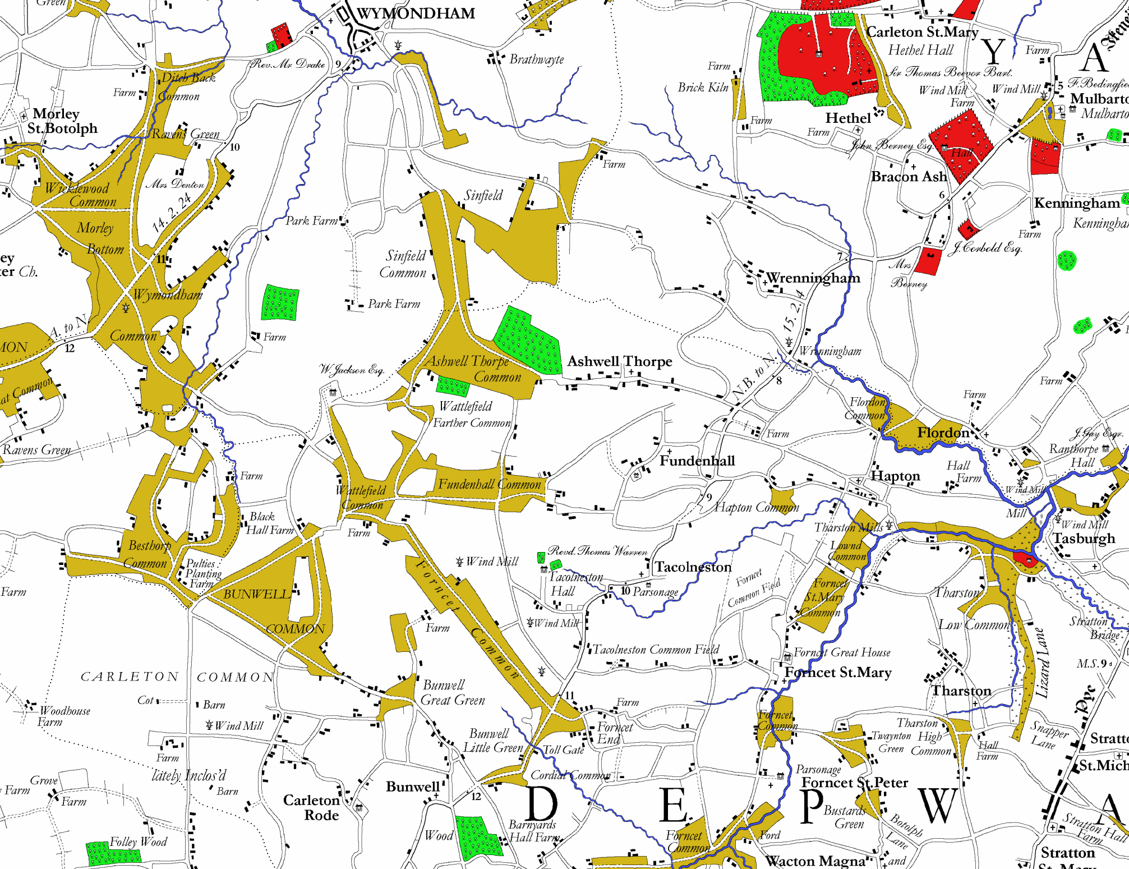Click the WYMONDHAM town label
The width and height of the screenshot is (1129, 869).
[416, 13]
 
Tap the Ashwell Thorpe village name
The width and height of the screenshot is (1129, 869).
[619, 361]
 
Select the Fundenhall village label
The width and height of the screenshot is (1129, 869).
[697, 461]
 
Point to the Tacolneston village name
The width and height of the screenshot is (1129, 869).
[693, 567]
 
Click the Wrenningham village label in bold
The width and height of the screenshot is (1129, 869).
[813, 278]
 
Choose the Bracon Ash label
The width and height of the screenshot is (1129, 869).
[909, 177]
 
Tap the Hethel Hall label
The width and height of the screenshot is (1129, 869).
[920, 50]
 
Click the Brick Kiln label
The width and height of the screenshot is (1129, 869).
[703, 88]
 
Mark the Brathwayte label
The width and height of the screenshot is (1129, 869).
[536, 59]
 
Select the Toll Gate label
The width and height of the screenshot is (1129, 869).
[564, 750]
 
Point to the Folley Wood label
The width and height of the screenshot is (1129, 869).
[138, 842]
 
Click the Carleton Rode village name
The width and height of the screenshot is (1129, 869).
[312, 807]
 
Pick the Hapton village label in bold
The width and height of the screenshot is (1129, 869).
[895, 476]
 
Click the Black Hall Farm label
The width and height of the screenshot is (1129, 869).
[270, 523]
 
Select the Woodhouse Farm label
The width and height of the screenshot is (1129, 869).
[63, 716]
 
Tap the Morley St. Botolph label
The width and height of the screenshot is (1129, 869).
[62, 121]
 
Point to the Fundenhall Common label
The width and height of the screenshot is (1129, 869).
[489, 485]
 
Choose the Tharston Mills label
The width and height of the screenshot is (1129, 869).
[849, 527]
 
